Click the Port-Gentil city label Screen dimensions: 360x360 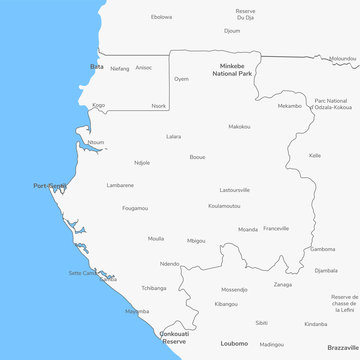tap(50, 185)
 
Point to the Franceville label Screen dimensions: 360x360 tap(276, 228)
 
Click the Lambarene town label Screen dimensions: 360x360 tap(120, 184)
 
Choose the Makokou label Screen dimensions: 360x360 tap(239, 126)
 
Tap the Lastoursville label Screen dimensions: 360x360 tap(235, 189)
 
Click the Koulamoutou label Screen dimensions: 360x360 tap(224, 205)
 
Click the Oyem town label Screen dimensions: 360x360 tap(181, 78)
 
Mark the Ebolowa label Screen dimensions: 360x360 tap(161, 17)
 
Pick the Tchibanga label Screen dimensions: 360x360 tap(153, 287)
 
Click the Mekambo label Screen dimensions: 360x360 tap(289, 105)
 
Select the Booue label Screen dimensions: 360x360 tap(198, 156)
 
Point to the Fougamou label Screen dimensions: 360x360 tap(135, 208)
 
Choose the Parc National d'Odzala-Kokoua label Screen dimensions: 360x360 tap(332, 103)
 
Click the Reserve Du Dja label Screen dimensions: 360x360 tap(245, 14)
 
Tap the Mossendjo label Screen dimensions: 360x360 tap(235, 289)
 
